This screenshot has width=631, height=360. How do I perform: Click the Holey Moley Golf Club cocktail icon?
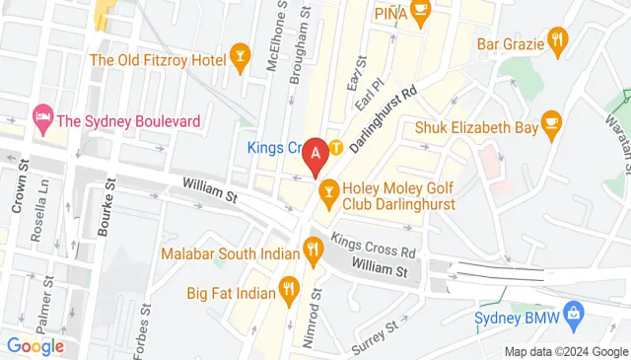[x=329, y=186]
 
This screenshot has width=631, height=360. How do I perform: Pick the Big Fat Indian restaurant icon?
[x=288, y=289]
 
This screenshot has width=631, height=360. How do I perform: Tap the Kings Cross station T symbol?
[x=336, y=149]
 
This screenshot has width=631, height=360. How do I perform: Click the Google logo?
[x=35, y=345]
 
